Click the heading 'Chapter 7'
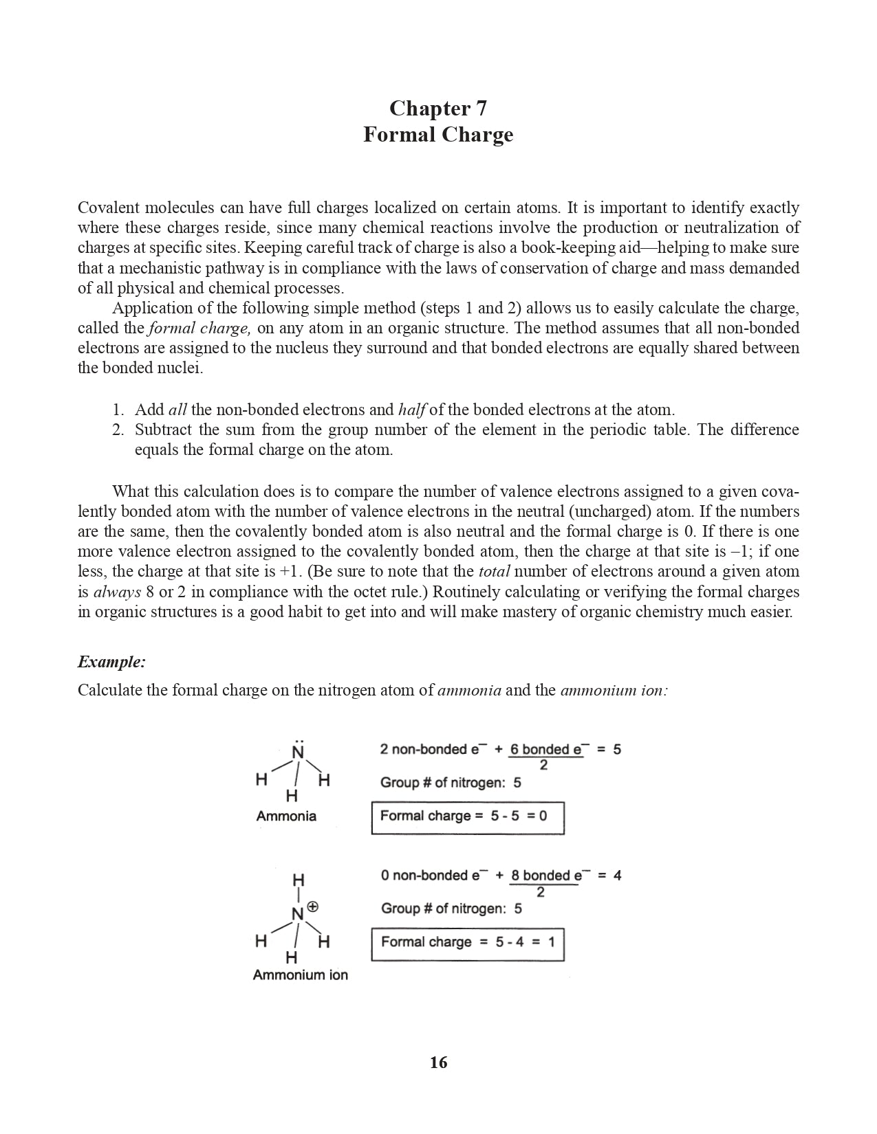(x=438, y=109)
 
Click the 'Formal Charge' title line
(x=438, y=134)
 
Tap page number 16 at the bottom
(x=438, y=1063)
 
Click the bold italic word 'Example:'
(x=111, y=662)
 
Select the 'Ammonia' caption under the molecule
(x=286, y=816)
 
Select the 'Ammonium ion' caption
(x=300, y=975)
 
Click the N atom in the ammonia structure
(x=298, y=753)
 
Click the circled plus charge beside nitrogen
(x=313, y=907)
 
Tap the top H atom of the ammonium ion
(x=298, y=880)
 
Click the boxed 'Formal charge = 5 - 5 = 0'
(x=468, y=817)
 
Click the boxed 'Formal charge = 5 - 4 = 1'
(x=468, y=943)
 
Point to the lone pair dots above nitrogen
(x=298, y=741)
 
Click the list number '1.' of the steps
(x=118, y=410)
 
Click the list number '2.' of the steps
(x=118, y=430)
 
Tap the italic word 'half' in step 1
(x=411, y=410)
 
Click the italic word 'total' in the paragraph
(x=493, y=572)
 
